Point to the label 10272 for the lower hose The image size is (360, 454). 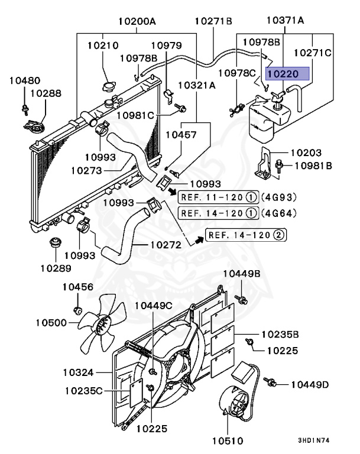(x=166, y=243)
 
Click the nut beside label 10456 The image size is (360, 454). (x=77, y=310)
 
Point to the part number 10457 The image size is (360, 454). (x=180, y=135)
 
